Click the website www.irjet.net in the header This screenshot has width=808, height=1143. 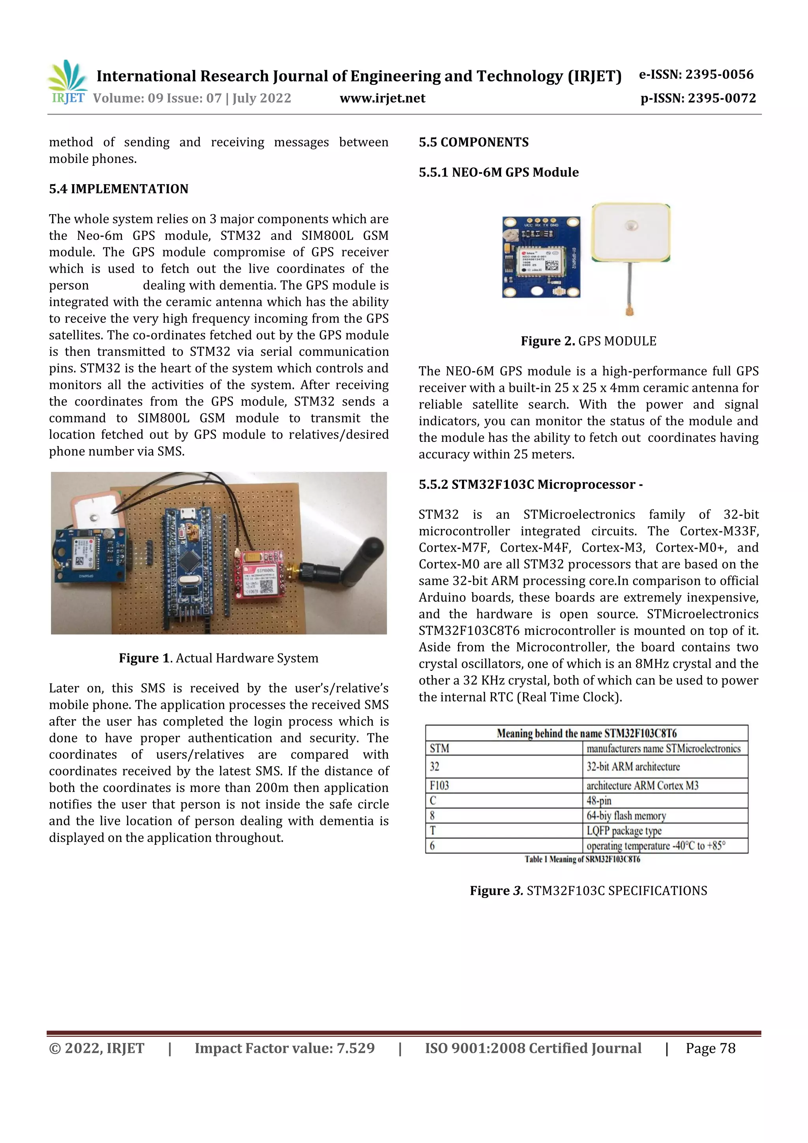[382, 98]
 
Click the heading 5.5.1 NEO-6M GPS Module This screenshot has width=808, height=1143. [498, 172]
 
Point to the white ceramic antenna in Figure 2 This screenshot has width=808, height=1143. [630, 232]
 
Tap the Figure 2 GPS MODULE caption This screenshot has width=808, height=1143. [589, 341]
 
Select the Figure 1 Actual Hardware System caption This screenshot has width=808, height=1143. [219, 658]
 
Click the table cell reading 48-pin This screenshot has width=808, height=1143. [599, 801]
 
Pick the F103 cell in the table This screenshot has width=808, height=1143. [440, 786]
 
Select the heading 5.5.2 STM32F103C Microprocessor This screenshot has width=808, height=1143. [530, 485]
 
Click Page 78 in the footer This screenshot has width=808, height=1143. [711, 1048]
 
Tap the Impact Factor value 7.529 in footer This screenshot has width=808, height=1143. [284, 1048]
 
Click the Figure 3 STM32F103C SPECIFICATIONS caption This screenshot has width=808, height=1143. [589, 890]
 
